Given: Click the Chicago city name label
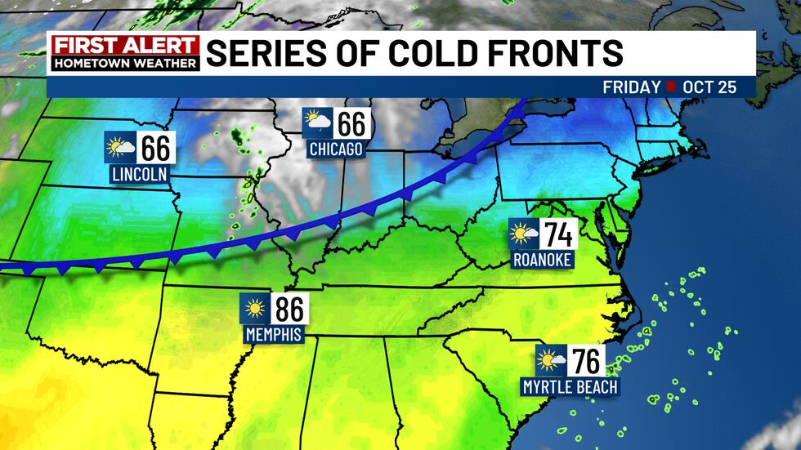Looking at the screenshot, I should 335,149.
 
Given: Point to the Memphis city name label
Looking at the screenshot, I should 274,335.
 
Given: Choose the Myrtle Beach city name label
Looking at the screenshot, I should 570,386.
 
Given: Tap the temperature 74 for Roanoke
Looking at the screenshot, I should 557,235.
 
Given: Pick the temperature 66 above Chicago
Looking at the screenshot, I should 351,124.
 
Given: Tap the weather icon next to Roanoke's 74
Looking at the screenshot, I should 523,235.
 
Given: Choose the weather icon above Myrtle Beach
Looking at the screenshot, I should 551,361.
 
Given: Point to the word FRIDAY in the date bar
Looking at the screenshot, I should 631,87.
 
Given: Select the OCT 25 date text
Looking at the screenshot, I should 710,87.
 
